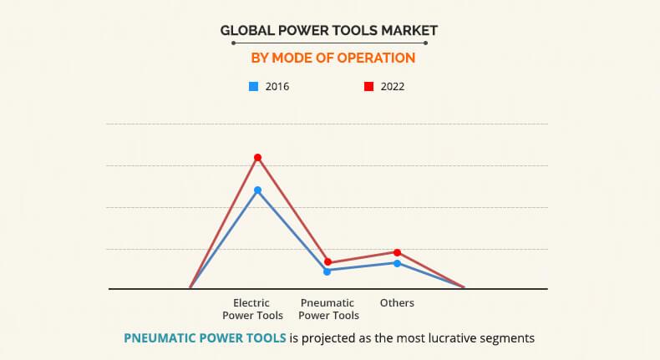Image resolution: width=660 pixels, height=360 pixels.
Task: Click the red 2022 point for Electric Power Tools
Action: pos(258,158)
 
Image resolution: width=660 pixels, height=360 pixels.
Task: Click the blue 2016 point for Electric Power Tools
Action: pos(258,190)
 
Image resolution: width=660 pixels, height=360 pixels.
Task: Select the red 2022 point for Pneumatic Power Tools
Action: pos(327,262)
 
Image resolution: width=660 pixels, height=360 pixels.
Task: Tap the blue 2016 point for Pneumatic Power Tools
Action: pos(327,271)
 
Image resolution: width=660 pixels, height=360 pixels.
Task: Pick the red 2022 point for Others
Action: pos(397,252)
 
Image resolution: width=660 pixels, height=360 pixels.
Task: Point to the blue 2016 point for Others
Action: pos(397,263)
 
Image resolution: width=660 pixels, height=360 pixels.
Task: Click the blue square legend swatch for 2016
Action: pos(253,86)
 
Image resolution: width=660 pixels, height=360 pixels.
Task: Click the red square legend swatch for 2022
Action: pos(368,86)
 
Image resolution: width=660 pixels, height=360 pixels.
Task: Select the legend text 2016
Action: pos(277,86)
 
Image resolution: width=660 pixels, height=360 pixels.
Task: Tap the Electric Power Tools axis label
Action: pos(252,309)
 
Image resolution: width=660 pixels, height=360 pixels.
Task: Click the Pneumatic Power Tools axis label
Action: pos(328,309)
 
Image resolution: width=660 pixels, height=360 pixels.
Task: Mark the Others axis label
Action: pos(397,303)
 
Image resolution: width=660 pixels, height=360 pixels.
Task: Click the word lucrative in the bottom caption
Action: pos(432,338)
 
